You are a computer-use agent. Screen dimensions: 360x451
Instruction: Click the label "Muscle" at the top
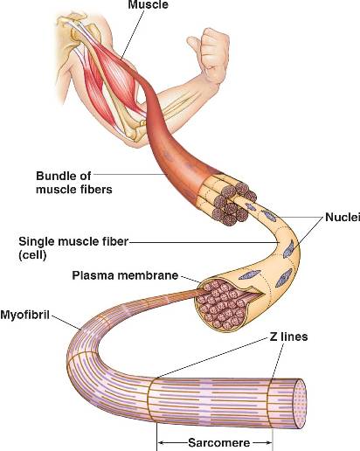[148, 4]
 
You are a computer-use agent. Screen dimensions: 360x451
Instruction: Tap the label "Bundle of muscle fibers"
[74, 183]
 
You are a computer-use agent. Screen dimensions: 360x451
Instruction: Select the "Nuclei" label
[343, 217]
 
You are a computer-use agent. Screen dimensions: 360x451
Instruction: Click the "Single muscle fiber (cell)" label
[73, 248]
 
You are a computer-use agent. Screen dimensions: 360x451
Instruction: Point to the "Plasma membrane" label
[125, 275]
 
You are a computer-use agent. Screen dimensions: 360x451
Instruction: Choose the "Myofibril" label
[24, 315]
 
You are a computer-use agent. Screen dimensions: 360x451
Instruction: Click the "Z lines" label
[288, 337]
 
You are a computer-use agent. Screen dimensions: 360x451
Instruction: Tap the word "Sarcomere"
[219, 443]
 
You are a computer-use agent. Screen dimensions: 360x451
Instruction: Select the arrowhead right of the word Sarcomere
[269, 443]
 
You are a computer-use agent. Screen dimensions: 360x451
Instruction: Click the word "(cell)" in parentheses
[32, 255]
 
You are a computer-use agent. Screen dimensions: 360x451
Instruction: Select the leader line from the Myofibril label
[66, 323]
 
